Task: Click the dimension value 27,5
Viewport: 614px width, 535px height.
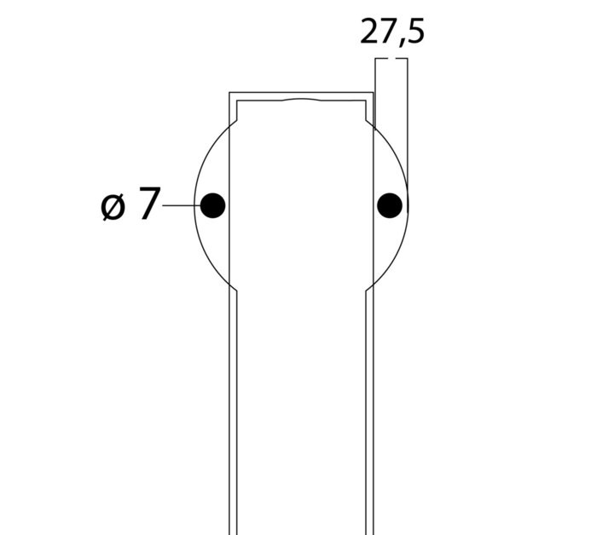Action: [392, 32]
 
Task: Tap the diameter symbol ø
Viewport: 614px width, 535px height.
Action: [113, 206]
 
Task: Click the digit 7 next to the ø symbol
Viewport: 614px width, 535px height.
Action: [148, 204]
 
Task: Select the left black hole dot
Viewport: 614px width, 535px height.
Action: [212, 205]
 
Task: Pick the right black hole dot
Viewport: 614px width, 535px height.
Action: [390, 205]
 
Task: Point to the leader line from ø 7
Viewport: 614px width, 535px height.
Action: [182, 205]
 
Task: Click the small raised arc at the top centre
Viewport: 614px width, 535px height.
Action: [302, 100]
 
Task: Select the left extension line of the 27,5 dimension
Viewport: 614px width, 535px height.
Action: [375, 93]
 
